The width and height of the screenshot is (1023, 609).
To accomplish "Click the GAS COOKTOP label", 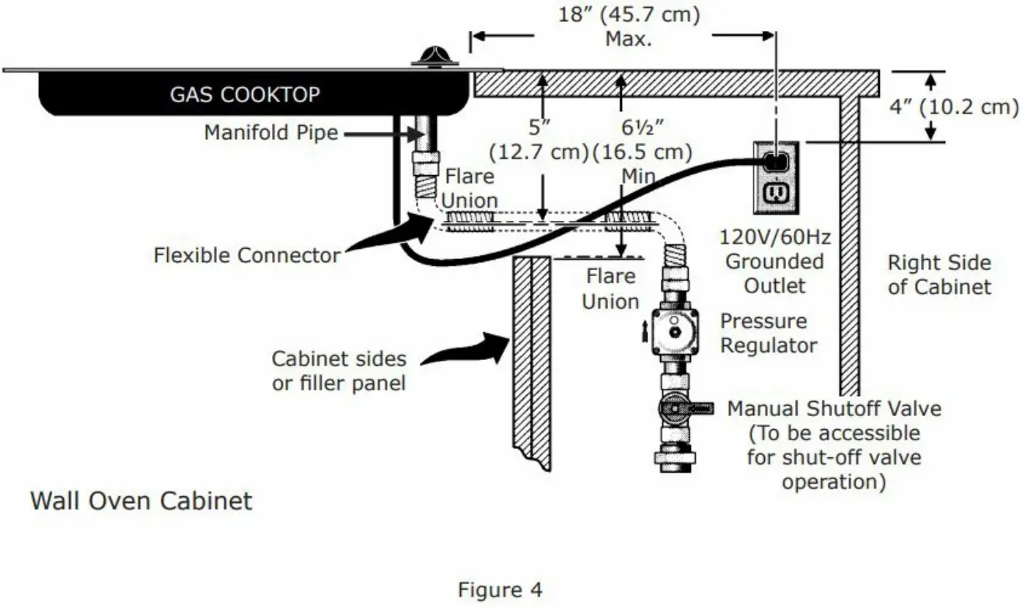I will click(x=245, y=95).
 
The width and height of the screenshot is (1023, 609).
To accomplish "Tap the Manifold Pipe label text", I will click(x=271, y=133).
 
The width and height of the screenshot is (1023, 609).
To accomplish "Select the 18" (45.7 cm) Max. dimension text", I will click(x=630, y=26).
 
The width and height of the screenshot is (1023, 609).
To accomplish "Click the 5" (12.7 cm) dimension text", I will click(x=537, y=138).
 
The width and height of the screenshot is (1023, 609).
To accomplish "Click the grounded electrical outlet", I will click(x=775, y=177).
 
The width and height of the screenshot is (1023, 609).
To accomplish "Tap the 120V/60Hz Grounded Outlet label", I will click(x=774, y=261).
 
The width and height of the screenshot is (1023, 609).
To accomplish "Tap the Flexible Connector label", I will click(x=246, y=254).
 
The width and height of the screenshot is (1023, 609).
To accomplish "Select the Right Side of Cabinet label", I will click(x=939, y=275).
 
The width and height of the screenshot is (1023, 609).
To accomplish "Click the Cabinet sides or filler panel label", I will click(x=339, y=370).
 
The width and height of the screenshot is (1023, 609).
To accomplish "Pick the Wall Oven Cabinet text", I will click(x=141, y=499).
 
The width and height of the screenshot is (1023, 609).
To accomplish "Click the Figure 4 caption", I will click(x=500, y=590).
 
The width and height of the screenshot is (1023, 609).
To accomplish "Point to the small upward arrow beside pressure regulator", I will click(x=644, y=334).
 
